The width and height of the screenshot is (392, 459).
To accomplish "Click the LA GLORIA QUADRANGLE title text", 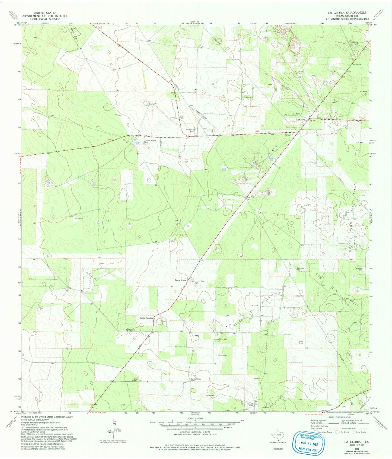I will pyautogui.click(x=347, y=13).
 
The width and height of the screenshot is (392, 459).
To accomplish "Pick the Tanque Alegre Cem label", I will pyautogui.click(x=150, y=141).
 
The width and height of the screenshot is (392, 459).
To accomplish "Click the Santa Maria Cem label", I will pyautogui.click(x=196, y=380).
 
